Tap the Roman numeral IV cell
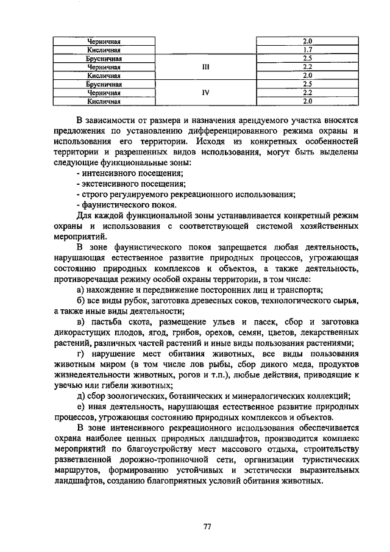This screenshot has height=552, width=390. tap(205, 93)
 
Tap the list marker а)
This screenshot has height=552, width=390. tap(81, 289)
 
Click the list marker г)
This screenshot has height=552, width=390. tap(80, 355)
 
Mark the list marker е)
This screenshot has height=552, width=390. tap(81, 407)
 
